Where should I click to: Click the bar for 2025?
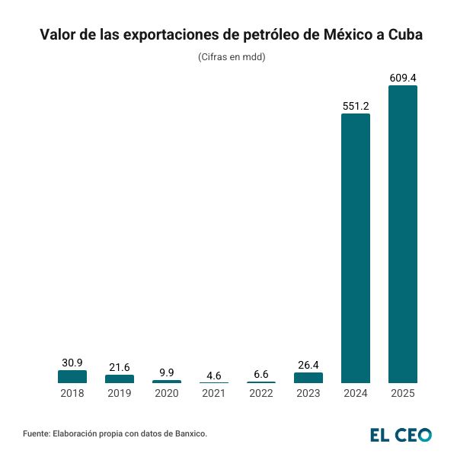point(402,234)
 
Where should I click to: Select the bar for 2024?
point(355,248)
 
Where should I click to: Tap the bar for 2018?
point(72,376)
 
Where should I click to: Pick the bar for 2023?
point(308,378)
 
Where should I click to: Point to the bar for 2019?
point(120,379)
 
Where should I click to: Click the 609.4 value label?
point(402,77)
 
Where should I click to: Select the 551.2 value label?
point(355,106)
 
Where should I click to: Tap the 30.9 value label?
point(72,363)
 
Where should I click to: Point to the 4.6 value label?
point(214,375)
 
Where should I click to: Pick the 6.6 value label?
point(261,374)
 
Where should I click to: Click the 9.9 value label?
point(167,372)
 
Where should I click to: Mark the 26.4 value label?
point(308,364)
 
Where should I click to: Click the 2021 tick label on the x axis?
point(214,394)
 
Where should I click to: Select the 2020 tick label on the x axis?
point(167,394)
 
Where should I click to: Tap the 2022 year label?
point(261,394)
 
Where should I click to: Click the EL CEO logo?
point(401,434)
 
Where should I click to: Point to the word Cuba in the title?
point(401,35)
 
